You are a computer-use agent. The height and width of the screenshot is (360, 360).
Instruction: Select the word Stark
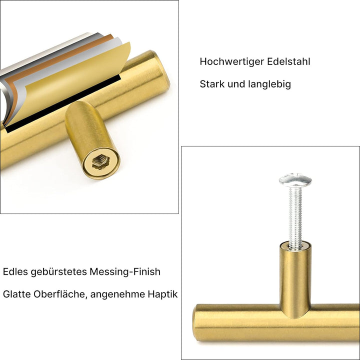(212, 84)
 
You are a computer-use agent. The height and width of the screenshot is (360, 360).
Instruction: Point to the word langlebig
(269, 84)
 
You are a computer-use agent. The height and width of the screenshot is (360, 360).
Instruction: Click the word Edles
(15, 272)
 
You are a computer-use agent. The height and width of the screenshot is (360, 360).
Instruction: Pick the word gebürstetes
(58, 272)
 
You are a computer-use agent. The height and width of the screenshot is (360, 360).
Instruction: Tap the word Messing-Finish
(125, 272)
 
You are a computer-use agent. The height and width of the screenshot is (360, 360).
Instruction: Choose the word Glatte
(16, 294)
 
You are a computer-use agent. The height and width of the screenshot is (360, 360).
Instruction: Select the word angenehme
(118, 294)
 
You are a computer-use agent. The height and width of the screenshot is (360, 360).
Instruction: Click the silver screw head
(295, 179)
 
